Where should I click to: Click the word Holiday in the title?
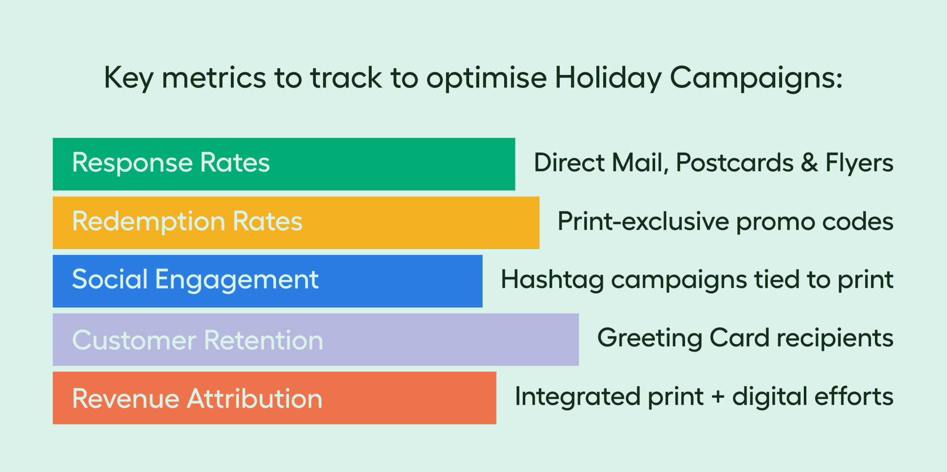click(609, 78)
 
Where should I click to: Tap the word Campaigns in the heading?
click(756, 78)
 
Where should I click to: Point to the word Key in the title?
click(129, 78)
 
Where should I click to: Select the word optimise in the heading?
click(486, 78)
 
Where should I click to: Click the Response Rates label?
click(171, 163)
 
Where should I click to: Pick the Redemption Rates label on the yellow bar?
click(188, 221)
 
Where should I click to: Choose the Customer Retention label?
click(198, 340)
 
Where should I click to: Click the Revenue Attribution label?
click(198, 398)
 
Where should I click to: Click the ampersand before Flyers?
click(809, 163)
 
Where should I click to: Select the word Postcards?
click(735, 163)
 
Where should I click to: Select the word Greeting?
click(650, 339)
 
